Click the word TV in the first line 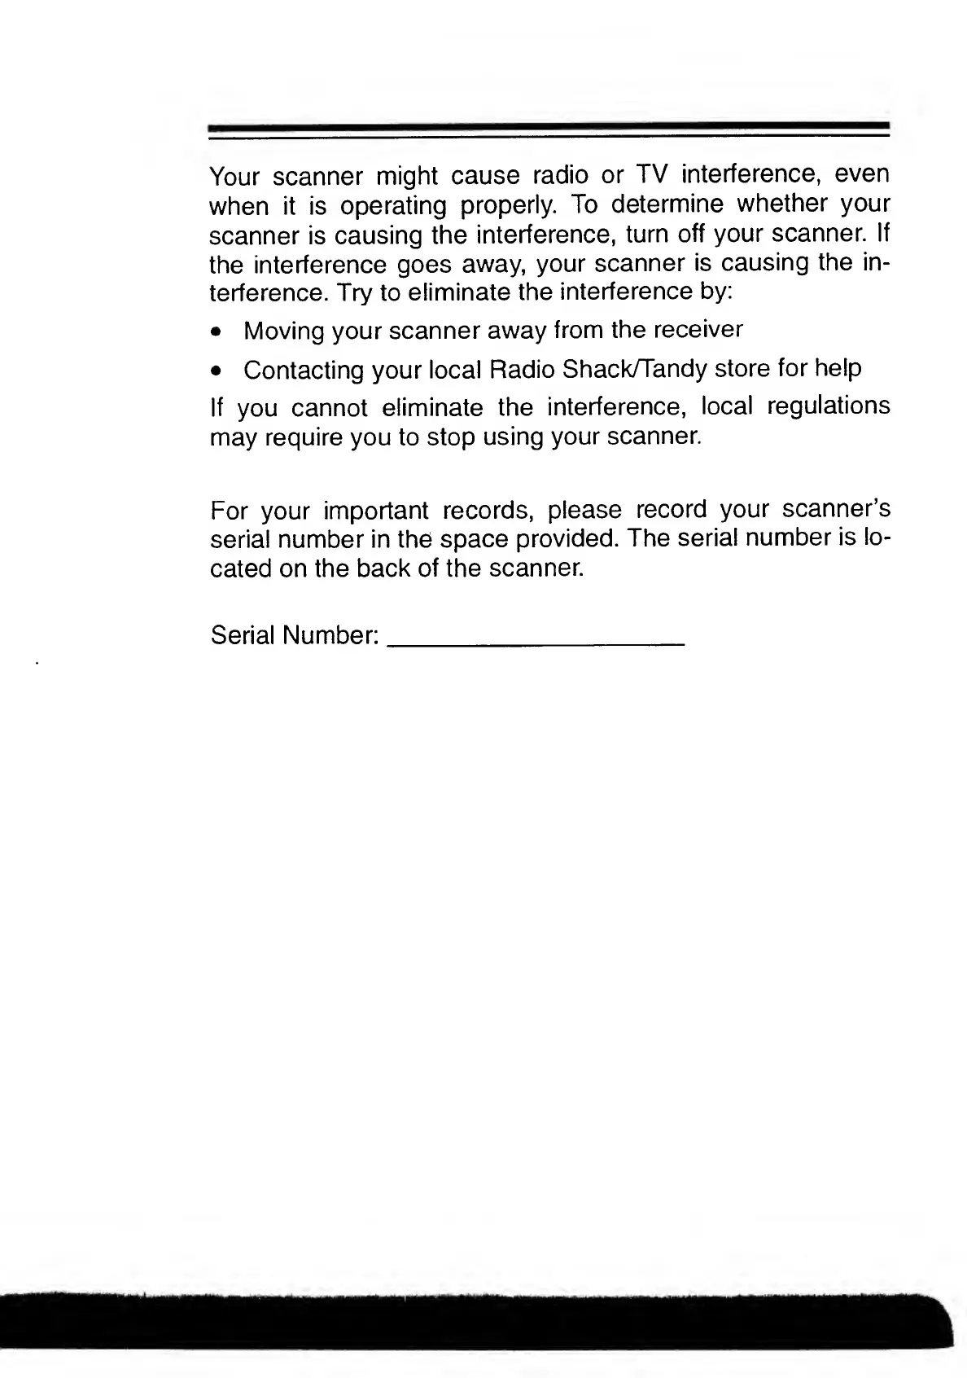[x=651, y=175]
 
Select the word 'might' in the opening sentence [x=408, y=177]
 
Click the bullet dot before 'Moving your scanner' [x=215, y=332]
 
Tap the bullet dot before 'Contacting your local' [x=215, y=372]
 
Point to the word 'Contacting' [x=304, y=371]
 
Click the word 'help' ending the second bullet [x=838, y=369]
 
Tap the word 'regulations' [x=828, y=406]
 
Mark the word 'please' [x=584, y=511]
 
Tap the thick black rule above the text [x=549, y=128]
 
